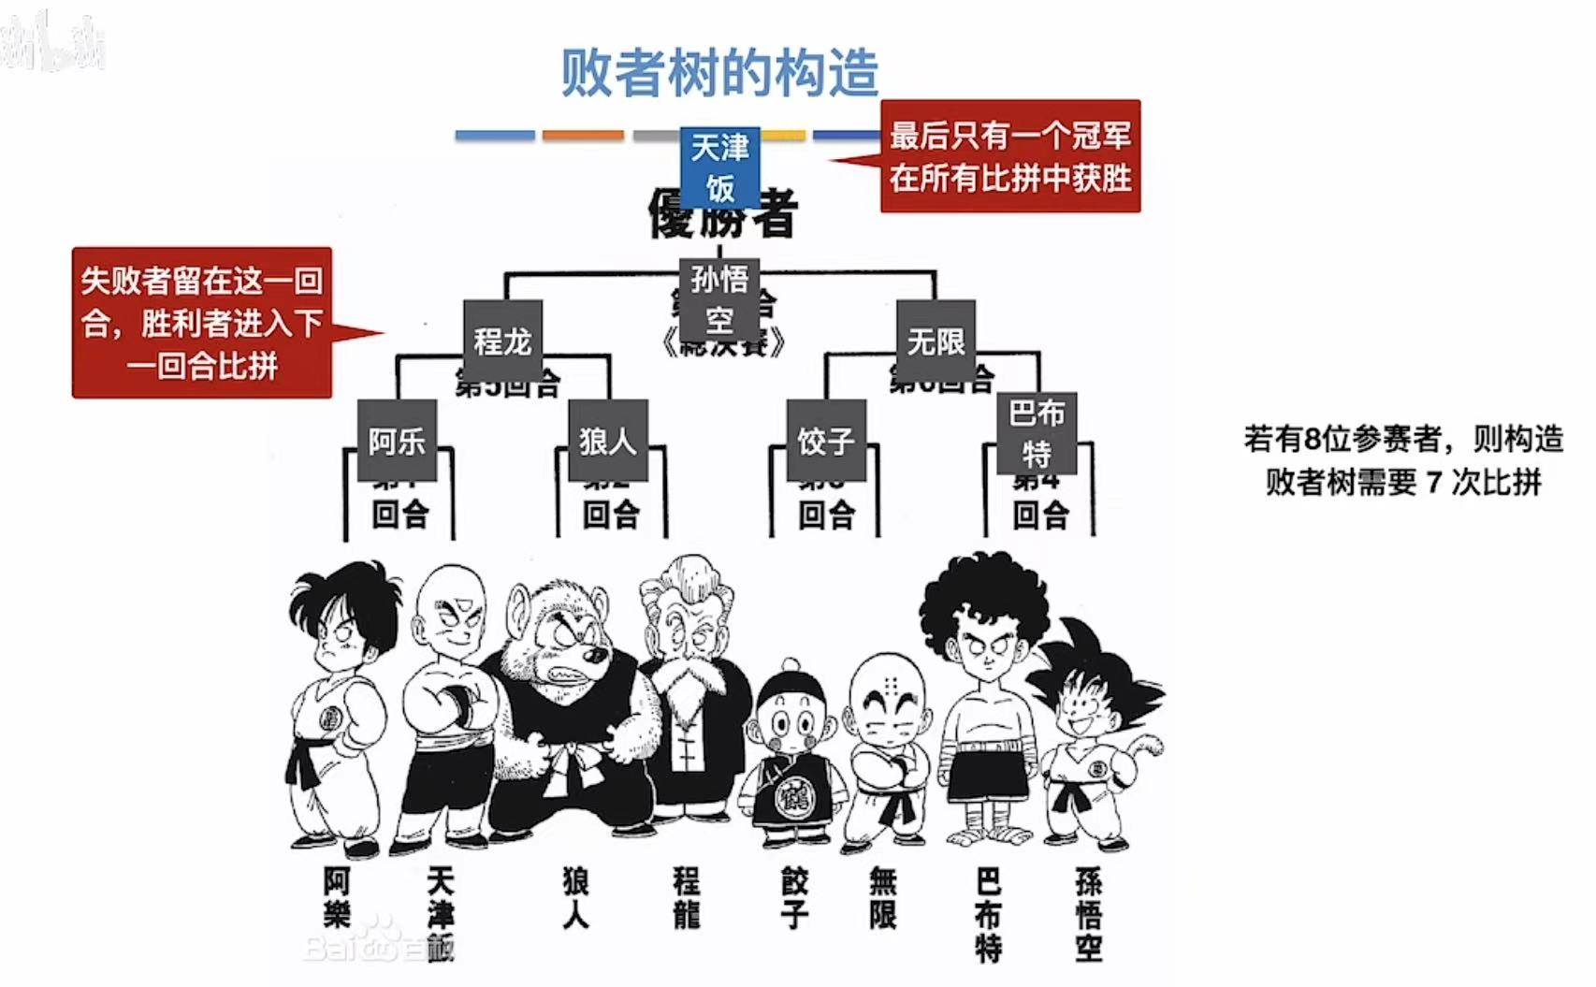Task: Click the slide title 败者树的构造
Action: click(718, 73)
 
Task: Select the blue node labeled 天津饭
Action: click(719, 167)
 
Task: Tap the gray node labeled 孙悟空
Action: click(718, 299)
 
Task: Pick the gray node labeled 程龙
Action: click(502, 341)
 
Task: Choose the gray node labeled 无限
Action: click(936, 341)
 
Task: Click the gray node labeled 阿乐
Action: click(397, 441)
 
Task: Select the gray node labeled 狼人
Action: click(608, 441)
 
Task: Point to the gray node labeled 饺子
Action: click(826, 441)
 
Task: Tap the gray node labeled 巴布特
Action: click(1037, 433)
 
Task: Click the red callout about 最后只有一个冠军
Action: click(1010, 156)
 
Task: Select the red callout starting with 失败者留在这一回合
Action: click(202, 323)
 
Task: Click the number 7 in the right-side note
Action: click(1432, 483)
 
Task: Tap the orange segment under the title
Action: click(583, 136)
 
